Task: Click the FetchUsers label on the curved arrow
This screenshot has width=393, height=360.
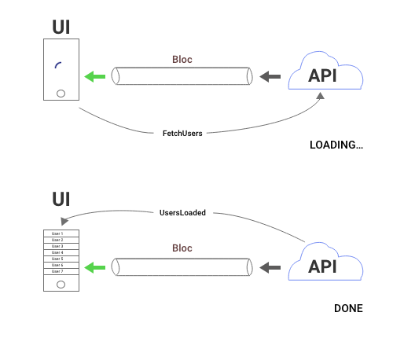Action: pos(182,133)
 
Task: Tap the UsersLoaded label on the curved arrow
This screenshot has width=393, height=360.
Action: pos(182,212)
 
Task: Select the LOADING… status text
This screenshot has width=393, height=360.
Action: pos(336,145)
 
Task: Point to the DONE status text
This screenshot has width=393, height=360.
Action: pos(348,308)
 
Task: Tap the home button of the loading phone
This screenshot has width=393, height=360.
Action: pos(59,92)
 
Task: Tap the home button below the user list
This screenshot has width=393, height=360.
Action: pos(57,284)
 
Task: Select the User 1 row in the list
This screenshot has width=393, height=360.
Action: pos(57,234)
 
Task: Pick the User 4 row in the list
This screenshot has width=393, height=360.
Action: pos(57,252)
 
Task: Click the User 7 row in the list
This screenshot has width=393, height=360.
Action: pos(57,271)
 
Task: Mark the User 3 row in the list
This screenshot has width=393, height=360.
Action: pos(57,246)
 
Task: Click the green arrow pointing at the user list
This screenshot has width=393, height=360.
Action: pos(95,267)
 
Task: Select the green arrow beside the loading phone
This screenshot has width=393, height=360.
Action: pos(95,76)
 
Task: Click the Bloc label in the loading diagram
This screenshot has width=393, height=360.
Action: pos(182,59)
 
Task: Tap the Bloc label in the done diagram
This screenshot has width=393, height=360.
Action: pos(182,248)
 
